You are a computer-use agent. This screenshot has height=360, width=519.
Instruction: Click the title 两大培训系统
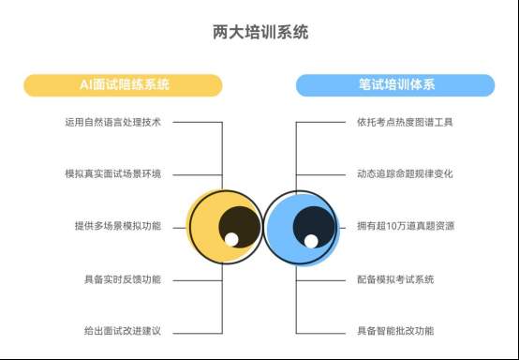coord(259,32)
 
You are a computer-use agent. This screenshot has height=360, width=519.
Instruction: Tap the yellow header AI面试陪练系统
coord(124,85)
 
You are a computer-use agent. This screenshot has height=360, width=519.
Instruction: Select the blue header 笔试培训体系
coord(395,85)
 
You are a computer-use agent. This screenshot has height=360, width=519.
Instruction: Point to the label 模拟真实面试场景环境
coord(112,173)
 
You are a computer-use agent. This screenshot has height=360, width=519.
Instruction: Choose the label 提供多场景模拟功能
coord(117,226)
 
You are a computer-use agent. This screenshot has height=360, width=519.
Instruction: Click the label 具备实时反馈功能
coord(122,278)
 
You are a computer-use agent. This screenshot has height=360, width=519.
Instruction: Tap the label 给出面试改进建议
coord(122,330)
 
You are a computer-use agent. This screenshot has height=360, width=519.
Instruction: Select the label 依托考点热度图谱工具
coord(398,122)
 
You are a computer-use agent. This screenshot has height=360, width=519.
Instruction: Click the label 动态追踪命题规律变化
coord(405,173)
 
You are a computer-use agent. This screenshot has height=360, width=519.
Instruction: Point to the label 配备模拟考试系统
coord(394,278)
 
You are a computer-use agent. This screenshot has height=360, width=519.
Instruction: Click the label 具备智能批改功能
coord(394,330)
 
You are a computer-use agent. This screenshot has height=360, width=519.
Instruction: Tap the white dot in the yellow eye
coord(231,239)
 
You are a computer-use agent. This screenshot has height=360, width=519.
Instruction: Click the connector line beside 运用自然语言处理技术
coord(197,122)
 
